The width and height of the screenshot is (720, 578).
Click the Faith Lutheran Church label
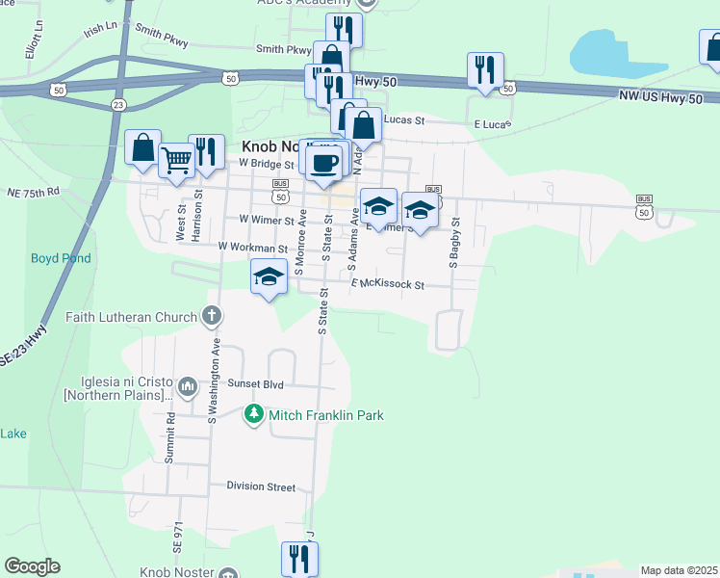[x=133, y=316]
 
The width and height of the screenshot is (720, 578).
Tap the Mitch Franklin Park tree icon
[x=253, y=415]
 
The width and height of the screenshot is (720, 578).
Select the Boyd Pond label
[x=61, y=258]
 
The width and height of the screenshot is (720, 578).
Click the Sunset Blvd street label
[x=255, y=384]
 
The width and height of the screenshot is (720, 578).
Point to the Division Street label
[x=261, y=486]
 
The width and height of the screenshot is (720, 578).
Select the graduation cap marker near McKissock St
[x=270, y=278]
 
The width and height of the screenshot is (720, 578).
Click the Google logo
[x=32, y=566]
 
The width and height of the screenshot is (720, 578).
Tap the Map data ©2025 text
[x=678, y=570]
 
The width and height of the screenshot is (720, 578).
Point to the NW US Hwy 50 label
[x=668, y=96]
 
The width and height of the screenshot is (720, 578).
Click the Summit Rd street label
[x=168, y=437]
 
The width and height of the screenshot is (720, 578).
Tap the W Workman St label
[x=253, y=248]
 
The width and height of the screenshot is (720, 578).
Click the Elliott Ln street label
[x=36, y=43]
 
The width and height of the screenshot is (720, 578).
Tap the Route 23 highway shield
[x=117, y=104]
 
